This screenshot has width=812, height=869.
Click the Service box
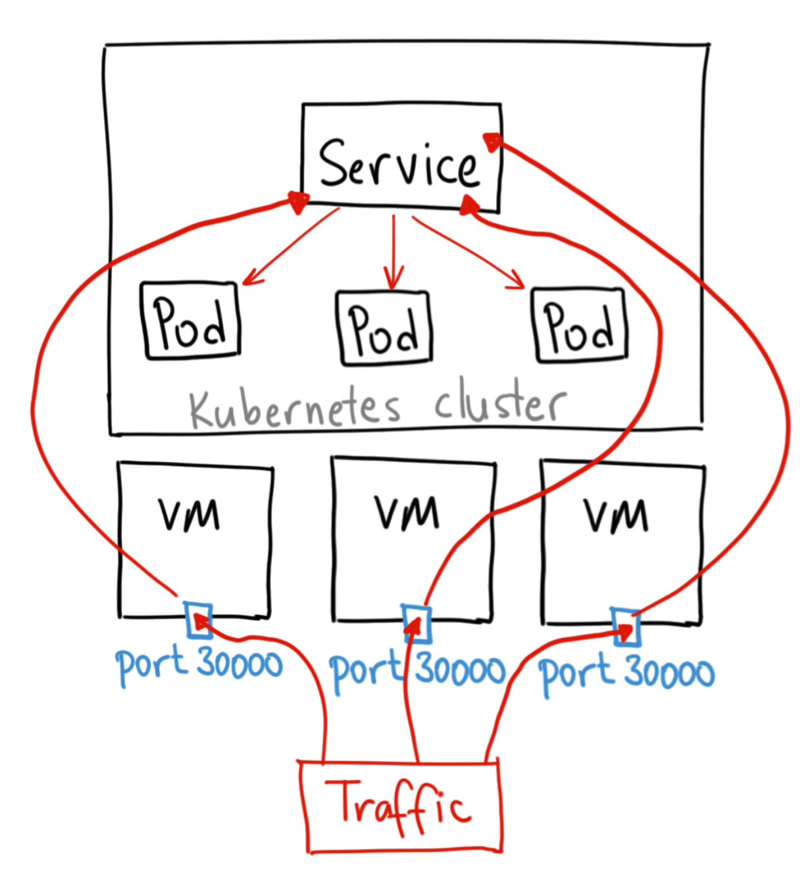pos(400,158)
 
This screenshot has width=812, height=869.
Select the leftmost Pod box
pos(190,321)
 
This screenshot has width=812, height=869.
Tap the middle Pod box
pos(384,327)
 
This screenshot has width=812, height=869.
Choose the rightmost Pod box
pos(579,325)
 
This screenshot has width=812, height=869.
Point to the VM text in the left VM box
pos(189,515)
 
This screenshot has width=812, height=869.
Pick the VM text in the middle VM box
pos(407,513)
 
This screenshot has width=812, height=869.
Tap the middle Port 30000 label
pos(417,670)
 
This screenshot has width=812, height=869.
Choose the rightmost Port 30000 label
pos(626,672)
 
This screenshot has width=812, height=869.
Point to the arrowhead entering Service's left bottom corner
pos(297,201)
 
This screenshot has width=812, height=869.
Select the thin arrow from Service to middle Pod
pos(393,253)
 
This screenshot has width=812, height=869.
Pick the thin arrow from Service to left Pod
pos(290,247)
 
